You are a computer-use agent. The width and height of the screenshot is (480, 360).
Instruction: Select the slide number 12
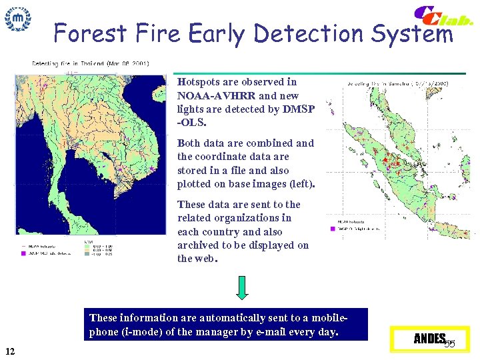[x=10, y=351]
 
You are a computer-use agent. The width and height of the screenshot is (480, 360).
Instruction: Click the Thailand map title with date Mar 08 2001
[x=90, y=63]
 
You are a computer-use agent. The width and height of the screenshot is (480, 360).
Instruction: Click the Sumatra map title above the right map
[x=397, y=84]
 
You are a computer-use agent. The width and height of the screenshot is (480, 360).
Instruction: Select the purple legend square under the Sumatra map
[x=332, y=229]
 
